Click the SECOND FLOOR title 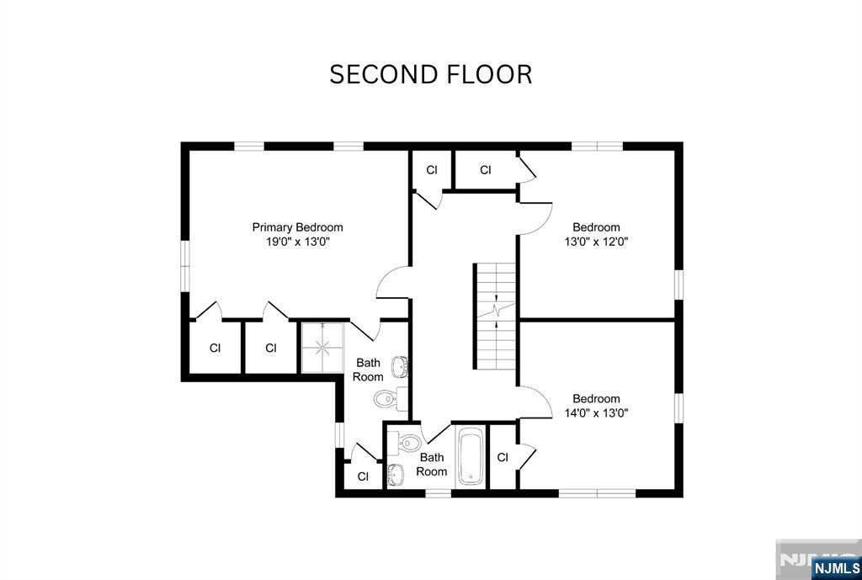point(430,75)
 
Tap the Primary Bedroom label point(297,227)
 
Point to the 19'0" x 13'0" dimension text point(297,242)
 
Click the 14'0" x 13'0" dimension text point(596,413)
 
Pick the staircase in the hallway point(495,316)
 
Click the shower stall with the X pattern point(320,346)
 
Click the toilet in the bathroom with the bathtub point(408,442)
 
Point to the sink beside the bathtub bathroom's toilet point(396,475)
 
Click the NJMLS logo point(834,567)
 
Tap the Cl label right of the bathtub point(503,458)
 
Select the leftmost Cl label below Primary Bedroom point(215,349)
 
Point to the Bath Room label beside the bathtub point(431,465)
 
